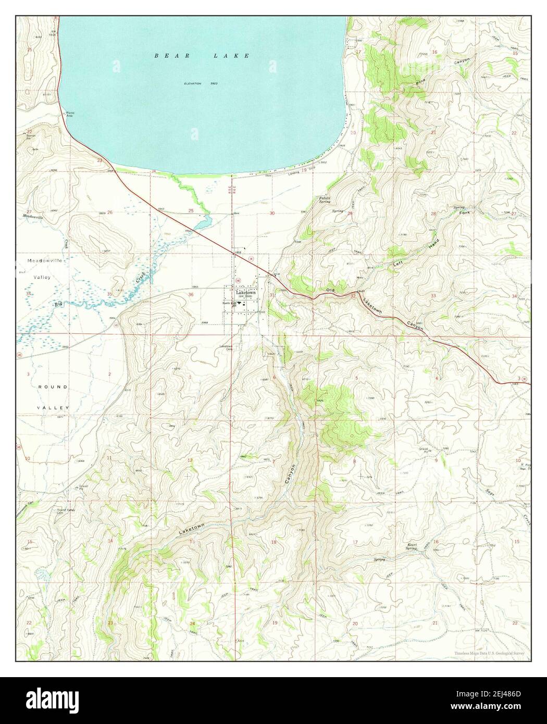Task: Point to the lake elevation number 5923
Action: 214,83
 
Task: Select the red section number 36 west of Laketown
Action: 191,295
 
